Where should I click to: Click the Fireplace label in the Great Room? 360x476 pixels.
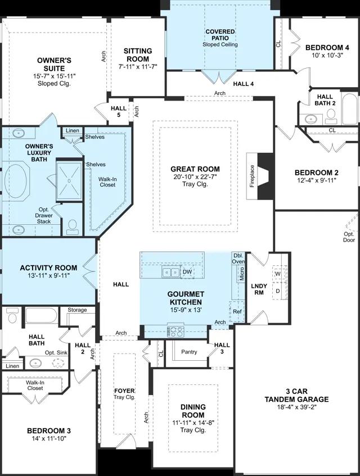[252, 176]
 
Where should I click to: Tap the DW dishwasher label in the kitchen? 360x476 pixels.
[187, 271]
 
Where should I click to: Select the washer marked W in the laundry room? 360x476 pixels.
[278, 274]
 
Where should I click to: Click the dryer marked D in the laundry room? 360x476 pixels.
[278, 291]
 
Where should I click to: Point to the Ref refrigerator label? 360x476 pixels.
[237, 311]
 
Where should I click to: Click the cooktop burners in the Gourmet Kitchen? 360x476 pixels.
[176, 331]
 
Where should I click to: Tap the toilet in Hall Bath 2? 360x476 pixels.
[331, 116]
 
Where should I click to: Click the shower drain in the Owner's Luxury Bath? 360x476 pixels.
[69, 181]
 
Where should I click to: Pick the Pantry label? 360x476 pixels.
[189, 352]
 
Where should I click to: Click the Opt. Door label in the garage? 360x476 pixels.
[349, 237]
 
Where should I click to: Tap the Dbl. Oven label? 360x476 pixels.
[238, 259]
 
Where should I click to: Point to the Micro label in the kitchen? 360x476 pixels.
[242, 274]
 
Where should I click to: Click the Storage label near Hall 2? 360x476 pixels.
[77, 310]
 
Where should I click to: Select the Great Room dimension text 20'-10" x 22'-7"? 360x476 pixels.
[195, 176]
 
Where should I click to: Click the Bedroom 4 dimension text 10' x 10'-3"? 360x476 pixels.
[327, 55]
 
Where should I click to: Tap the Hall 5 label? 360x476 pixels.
[119, 111]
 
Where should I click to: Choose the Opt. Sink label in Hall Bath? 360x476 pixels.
[56, 353]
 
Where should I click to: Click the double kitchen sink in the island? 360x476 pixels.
[171, 273]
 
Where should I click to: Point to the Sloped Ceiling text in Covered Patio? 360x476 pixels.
[220, 44]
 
